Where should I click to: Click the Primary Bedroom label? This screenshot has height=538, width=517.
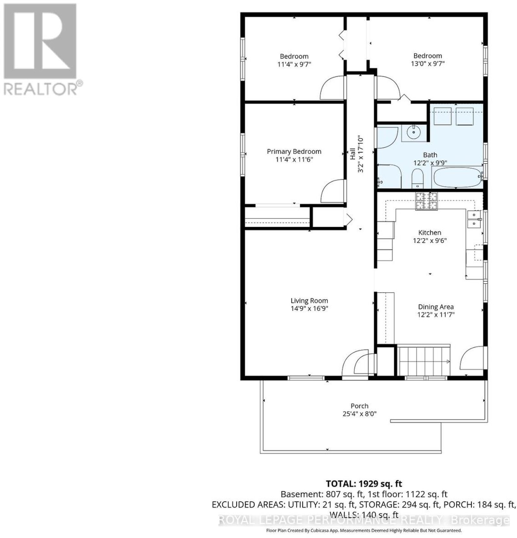point(294,151)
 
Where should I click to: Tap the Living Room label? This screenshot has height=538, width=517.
point(309,301)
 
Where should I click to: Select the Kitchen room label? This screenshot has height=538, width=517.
point(429,233)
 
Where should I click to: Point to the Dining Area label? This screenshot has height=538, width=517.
point(436,307)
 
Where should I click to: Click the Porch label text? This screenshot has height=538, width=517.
point(359,406)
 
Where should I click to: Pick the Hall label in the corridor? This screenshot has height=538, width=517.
point(353,154)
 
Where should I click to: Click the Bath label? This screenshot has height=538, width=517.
point(430,155)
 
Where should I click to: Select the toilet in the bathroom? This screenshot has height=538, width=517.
point(417,179)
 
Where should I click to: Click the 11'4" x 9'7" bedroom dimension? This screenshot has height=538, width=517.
point(294,64)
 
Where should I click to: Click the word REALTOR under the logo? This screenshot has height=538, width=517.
point(40,89)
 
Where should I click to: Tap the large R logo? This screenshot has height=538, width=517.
point(40,41)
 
